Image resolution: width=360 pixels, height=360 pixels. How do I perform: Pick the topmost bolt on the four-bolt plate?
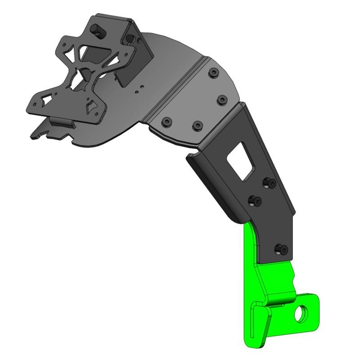212,72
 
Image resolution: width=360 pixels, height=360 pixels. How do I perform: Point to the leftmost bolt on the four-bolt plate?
167,121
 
